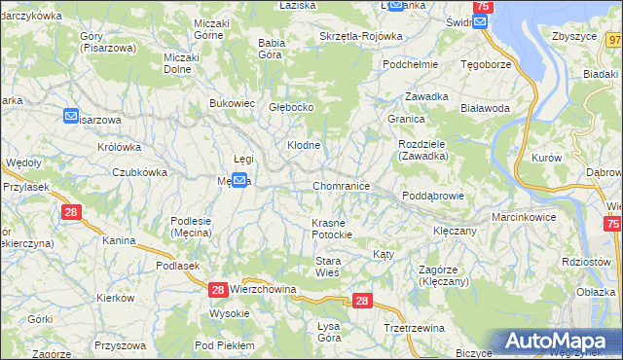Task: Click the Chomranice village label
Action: [341, 185]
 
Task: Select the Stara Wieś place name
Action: [327, 267]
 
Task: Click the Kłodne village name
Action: [303, 145]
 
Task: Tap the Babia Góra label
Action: [270, 49]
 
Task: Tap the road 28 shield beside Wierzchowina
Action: [217, 290]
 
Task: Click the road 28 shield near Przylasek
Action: [70, 211]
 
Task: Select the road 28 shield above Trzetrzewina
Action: [362, 302]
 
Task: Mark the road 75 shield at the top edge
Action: [485, 7]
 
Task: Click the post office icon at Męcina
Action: [238, 180]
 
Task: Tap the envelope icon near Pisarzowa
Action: [71, 116]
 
